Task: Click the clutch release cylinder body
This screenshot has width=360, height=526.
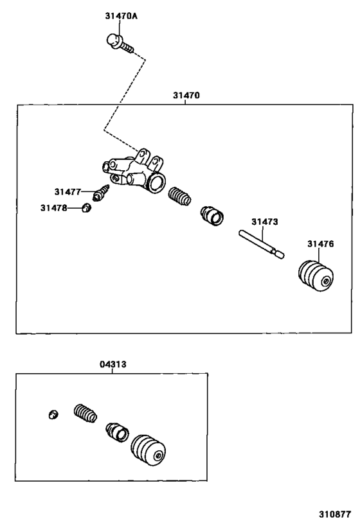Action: (136, 172)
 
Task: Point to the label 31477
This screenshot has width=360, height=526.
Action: (67, 191)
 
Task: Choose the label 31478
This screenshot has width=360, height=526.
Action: (53, 207)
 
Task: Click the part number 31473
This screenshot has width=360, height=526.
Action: (264, 222)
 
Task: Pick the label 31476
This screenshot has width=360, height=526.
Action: (319, 243)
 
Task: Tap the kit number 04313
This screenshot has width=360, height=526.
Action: (113, 364)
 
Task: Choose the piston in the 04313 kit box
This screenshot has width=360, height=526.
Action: (118, 432)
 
